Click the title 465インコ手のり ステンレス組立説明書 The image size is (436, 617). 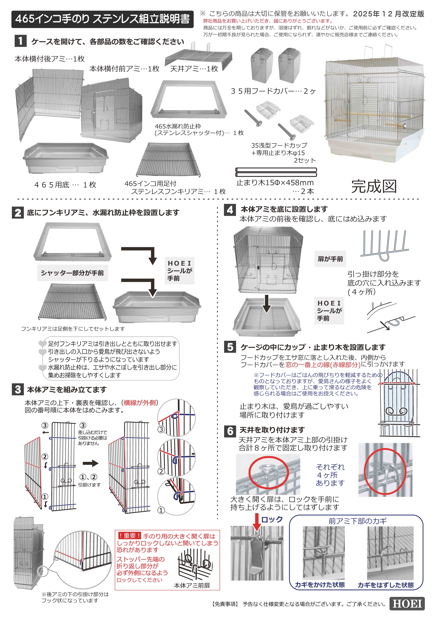coord(102,19)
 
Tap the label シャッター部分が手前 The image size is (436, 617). coord(72,273)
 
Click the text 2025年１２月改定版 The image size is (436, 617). coord(388,14)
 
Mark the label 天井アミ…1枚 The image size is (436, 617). coord(194,69)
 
